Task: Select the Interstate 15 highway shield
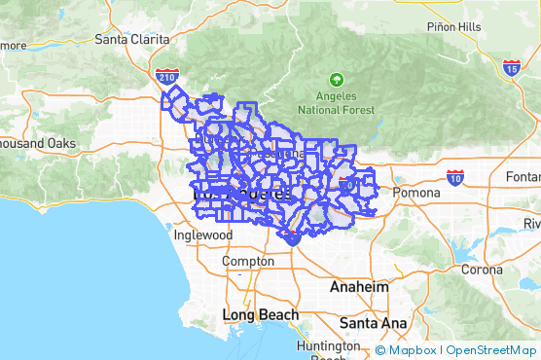tap(512, 67)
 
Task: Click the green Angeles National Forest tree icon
tap(337, 79)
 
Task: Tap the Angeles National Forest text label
tap(337, 103)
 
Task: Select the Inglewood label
tap(202, 235)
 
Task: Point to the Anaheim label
tap(359, 288)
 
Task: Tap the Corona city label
tap(482, 270)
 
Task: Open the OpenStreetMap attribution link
tap(491, 350)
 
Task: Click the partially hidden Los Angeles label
tap(242, 193)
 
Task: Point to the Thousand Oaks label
tap(37, 143)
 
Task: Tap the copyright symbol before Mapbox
tap(380, 350)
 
